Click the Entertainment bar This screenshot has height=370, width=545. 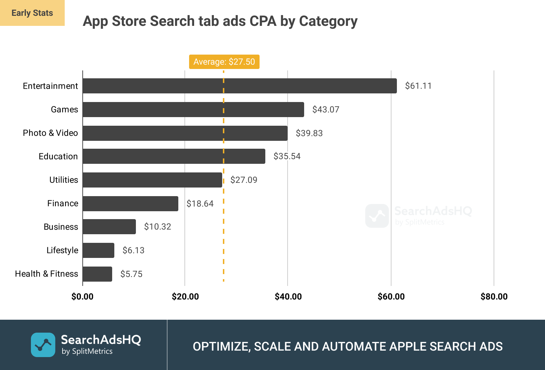[x=239, y=86]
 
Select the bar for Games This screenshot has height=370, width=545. [x=193, y=110]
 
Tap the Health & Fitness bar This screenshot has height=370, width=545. [x=97, y=274]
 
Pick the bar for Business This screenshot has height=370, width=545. [x=109, y=227]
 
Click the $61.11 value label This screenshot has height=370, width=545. [x=418, y=86]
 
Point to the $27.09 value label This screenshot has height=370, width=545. [x=244, y=180]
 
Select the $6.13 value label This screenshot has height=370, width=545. [x=133, y=250]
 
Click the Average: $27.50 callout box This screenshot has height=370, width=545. [x=224, y=62]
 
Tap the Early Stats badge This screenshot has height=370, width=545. [x=32, y=13]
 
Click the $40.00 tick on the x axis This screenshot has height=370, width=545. [x=288, y=297]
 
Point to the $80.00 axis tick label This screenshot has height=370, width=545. [x=494, y=297]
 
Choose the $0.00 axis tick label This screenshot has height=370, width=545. [x=82, y=297]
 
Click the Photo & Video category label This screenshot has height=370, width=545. [x=50, y=133]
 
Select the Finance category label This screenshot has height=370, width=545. [x=63, y=203]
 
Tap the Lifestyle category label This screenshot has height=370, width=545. [x=62, y=250]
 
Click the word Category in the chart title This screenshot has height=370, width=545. [x=328, y=21]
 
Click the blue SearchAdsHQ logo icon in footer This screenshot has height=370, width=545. [x=43, y=345]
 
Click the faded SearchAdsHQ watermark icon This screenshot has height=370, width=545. [x=377, y=216]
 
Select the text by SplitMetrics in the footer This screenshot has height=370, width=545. [x=87, y=352]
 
